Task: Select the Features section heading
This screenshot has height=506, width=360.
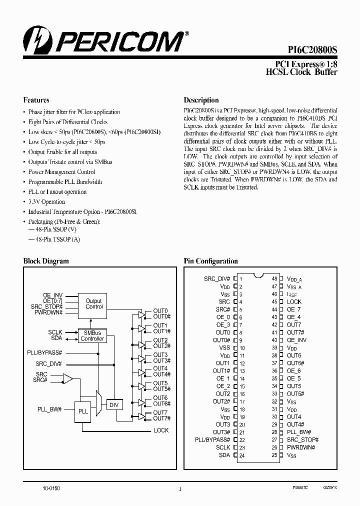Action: point(36,100)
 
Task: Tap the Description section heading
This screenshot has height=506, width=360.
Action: point(201,100)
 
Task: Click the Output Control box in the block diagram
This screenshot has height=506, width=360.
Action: point(93,304)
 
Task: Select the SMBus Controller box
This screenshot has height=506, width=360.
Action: point(92,335)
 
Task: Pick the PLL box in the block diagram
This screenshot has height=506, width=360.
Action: point(83,411)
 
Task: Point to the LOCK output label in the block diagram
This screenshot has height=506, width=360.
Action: point(161,430)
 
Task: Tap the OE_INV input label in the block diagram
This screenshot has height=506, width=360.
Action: point(52,295)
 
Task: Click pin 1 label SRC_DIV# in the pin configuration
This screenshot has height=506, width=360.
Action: point(217,278)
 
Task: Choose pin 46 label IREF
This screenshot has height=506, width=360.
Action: point(292,294)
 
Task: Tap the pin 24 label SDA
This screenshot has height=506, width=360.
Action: point(224,455)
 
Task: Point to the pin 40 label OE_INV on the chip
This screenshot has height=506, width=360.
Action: point(296,340)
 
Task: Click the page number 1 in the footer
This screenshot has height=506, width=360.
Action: point(179,490)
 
